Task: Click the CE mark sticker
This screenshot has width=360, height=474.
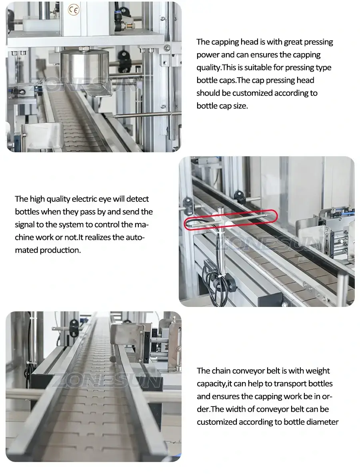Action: [74, 10]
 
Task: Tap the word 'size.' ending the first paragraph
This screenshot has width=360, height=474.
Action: [239, 106]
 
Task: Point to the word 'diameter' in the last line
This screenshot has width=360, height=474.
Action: [323, 422]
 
